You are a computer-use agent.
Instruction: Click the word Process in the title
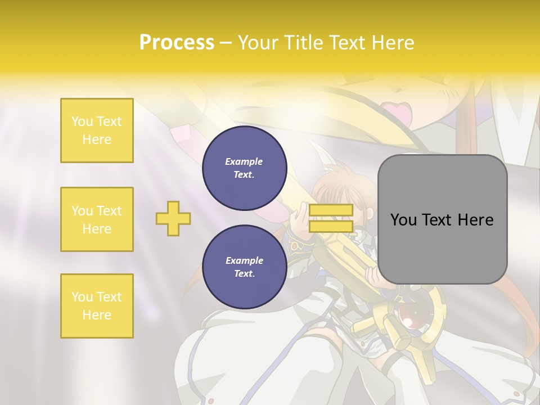pos(177,43)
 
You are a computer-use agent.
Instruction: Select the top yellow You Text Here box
pos(97,130)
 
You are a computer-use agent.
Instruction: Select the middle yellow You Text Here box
pos(97,219)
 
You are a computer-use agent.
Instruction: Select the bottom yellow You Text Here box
pos(97,306)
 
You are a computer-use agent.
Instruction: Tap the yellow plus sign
pos(173,218)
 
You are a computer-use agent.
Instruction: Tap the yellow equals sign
pos(331,218)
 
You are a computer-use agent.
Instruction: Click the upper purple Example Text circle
pos(245,168)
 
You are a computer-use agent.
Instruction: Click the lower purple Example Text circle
pos(245,267)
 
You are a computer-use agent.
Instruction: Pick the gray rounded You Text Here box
pos(442,219)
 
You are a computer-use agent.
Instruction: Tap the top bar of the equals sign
pos(331,210)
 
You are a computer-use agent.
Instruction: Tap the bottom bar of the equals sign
pos(331,227)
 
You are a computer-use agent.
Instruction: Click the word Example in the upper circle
pos(244,161)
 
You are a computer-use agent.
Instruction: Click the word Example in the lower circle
pos(244,260)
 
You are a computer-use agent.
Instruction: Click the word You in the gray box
pos(404,220)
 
